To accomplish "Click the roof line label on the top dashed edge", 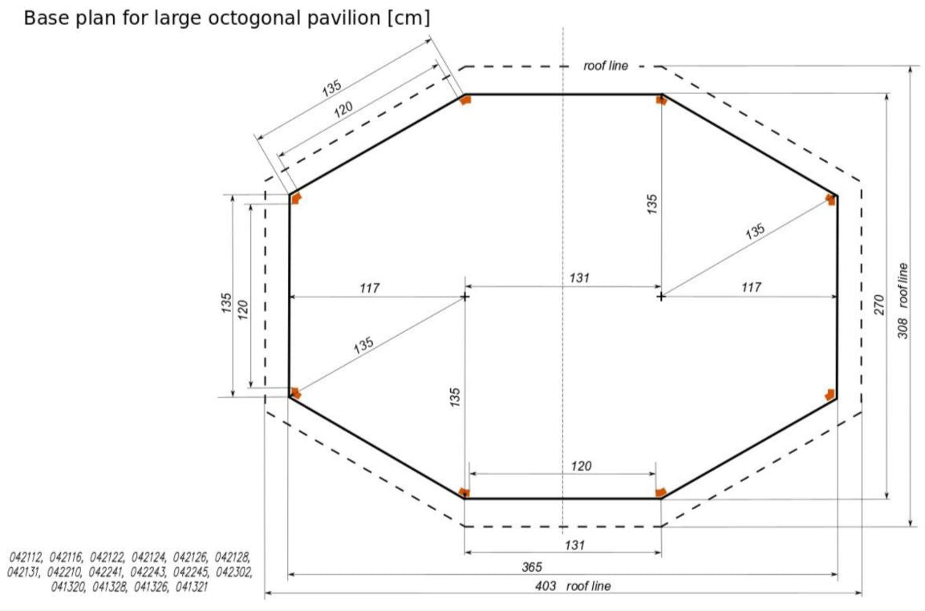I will pos(606,66).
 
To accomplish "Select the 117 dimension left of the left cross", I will pos(370,288).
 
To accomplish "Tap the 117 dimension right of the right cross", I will pos(750,287).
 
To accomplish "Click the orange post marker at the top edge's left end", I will pos(465,99).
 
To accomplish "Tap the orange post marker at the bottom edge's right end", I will pos(659,492).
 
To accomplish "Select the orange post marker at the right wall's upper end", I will pos(831,198).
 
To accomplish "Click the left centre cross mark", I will pos(465,297).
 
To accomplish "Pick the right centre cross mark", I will pos(660,297).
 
